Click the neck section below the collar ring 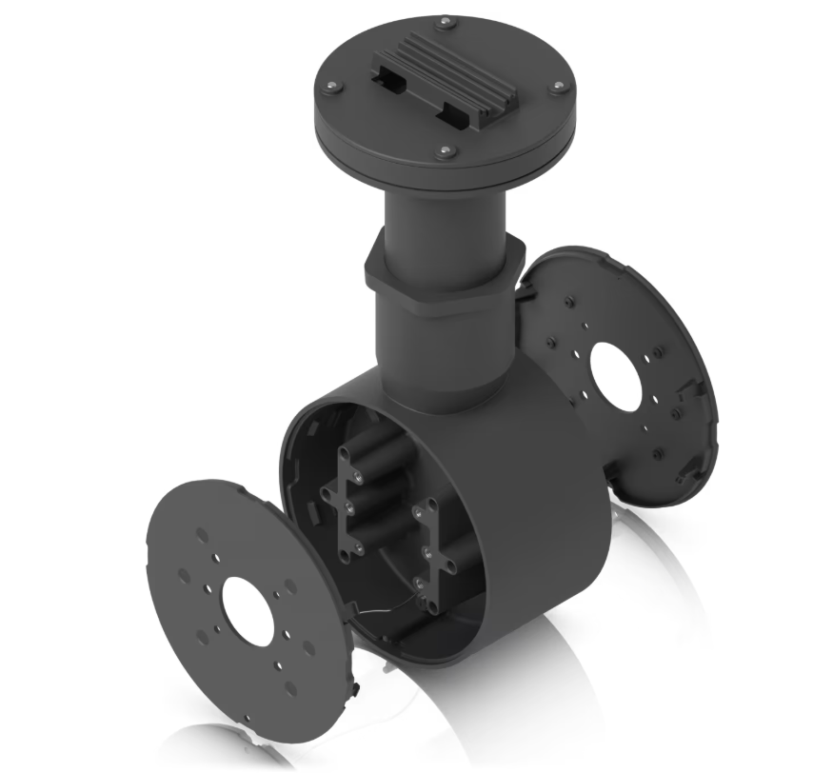tap(443, 352)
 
